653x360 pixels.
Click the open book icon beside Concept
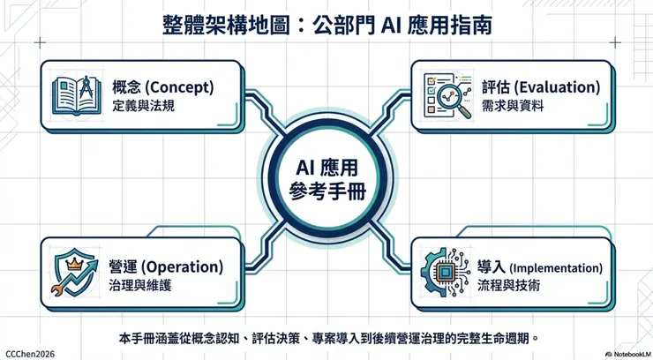pyautogui.click(x=76, y=96)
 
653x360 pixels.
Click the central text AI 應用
pyautogui.click(x=326, y=167)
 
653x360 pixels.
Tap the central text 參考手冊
pyautogui.click(x=326, y=191)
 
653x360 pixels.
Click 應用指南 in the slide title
pyautogui.click(x=450, y=25)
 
